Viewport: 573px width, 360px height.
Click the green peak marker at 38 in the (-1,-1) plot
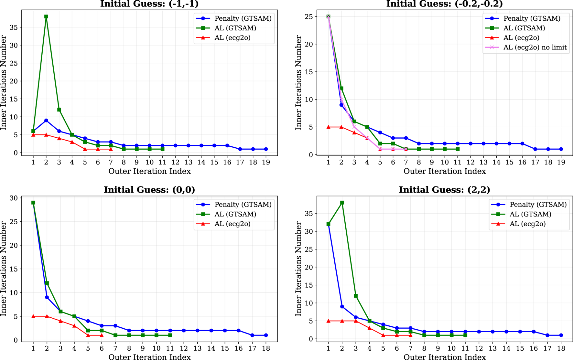pos(46,16)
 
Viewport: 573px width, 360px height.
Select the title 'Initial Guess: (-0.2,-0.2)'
pos(444,4)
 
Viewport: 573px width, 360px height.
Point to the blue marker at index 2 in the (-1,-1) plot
pos(46,121)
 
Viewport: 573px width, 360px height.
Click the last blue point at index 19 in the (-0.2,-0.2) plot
pos(561,149)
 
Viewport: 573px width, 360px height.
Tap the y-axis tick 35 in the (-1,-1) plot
pos(14,27)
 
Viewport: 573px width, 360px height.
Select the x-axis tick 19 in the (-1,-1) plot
pos(266,162)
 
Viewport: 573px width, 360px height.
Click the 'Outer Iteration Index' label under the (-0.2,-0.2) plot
pos(444,171)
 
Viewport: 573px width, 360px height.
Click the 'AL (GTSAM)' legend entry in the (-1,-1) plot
pos(235,28)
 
